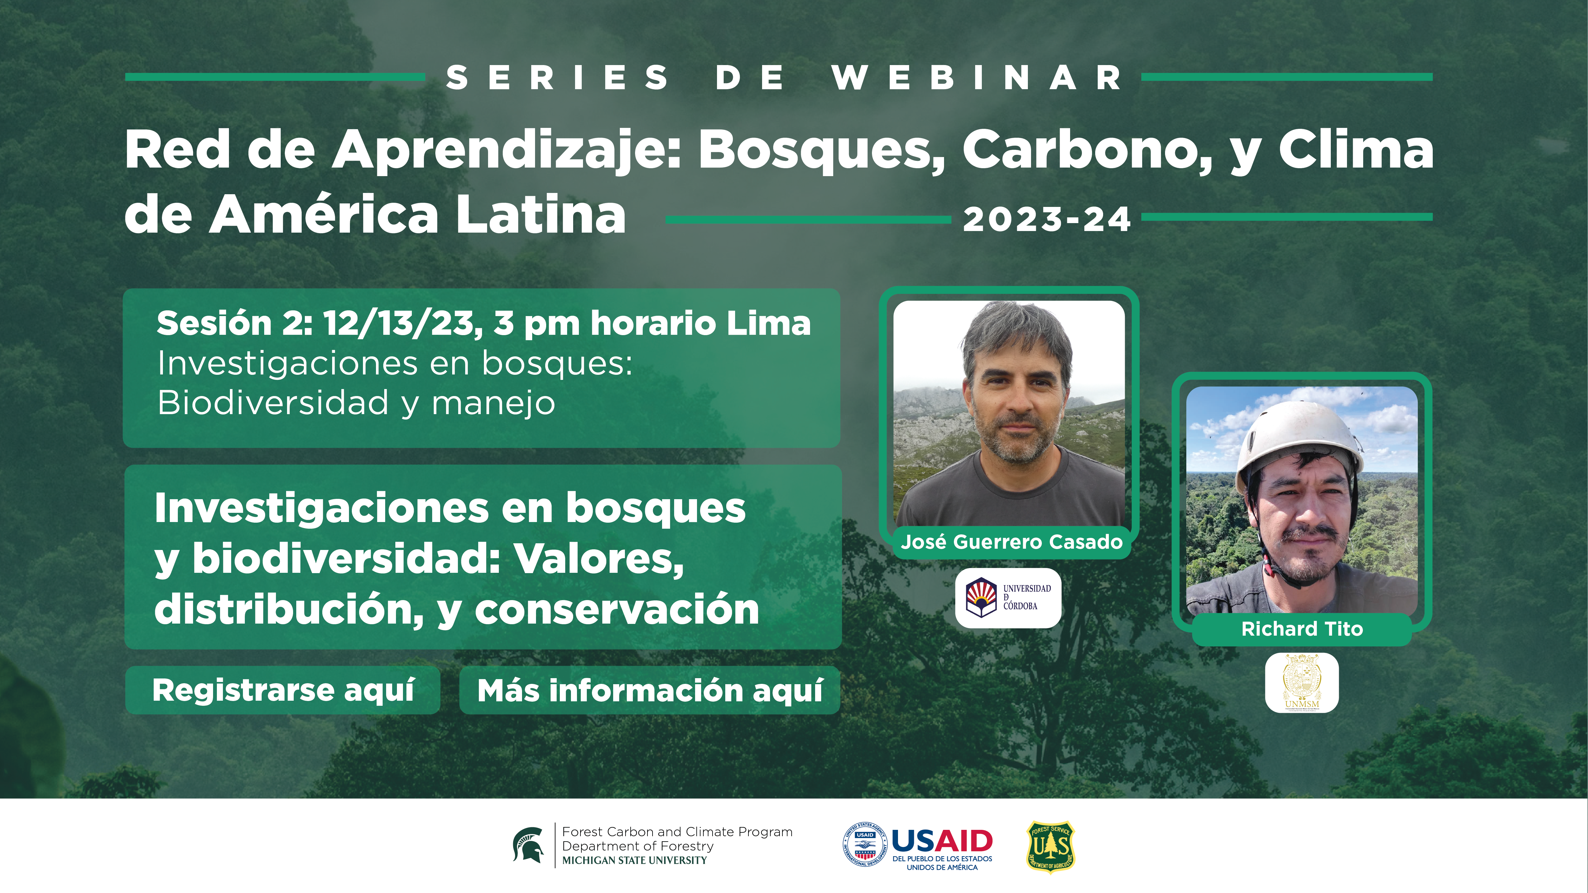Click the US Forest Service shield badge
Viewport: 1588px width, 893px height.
pyautogui.click(x=1050, y=846)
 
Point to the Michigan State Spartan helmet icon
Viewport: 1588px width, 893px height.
pyautogui.click(x=528, y=845)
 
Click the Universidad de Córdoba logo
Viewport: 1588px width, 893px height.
pyautogui.click(x=1008, y=597)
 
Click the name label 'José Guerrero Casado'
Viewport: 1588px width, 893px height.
pyautogui.click(x=1012, y=542)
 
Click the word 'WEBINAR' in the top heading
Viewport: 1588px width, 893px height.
pyautogui.click(x=977, y=78)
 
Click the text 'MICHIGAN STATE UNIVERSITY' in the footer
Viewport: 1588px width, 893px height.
pyautogui.click(x=634, y=860)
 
